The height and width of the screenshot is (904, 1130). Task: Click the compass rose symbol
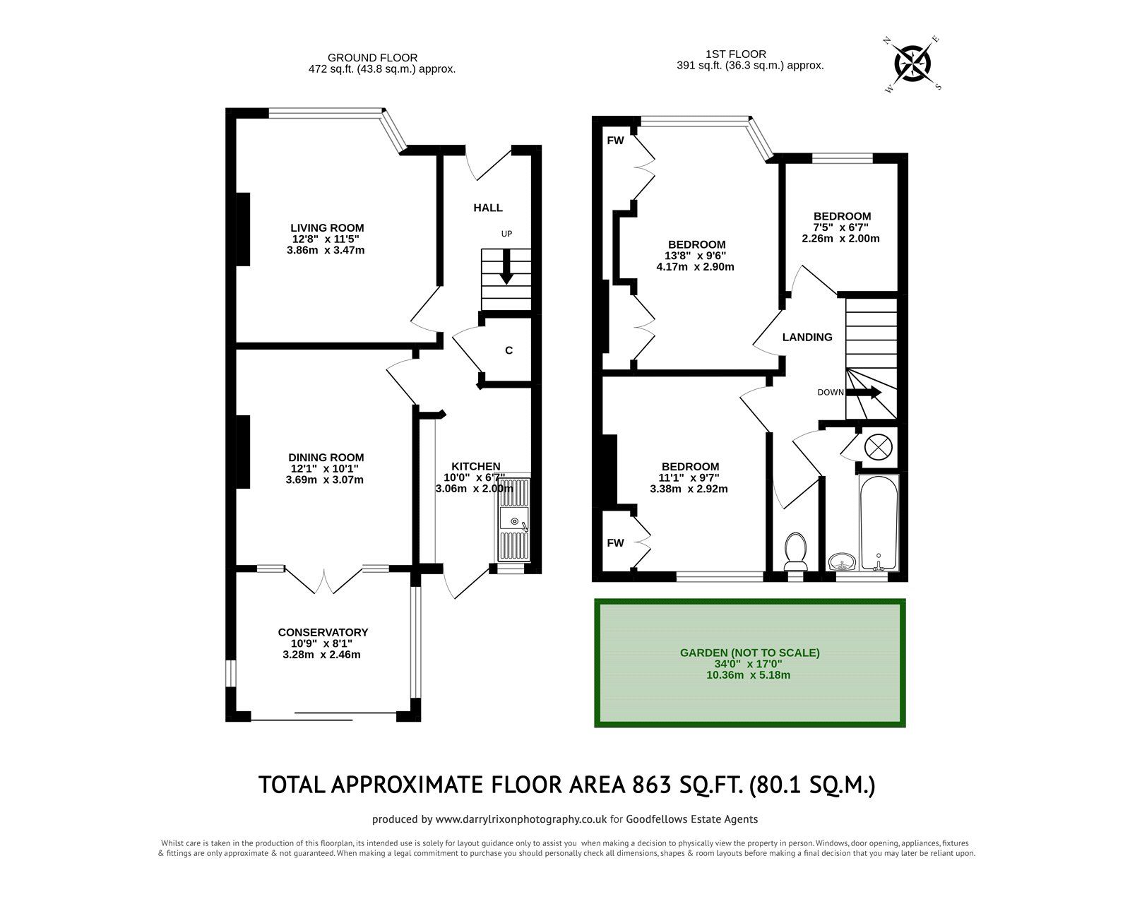click(913, 63)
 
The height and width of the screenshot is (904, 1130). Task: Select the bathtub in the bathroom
click(879, 523)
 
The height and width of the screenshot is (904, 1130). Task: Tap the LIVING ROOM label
click(327, 227)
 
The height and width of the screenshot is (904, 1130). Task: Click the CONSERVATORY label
click(323, 632)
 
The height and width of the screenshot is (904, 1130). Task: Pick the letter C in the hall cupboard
click(509, 350)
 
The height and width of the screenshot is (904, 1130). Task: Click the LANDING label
click(807, 338)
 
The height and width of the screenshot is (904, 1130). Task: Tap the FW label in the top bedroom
click(615, 141)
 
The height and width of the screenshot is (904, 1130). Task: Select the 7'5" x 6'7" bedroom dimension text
click(840, 227)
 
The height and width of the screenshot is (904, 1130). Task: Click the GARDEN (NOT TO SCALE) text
click(749, 653)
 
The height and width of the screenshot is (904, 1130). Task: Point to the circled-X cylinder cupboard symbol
click(878, 446)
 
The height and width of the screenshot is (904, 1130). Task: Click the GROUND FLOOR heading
click(372, 58)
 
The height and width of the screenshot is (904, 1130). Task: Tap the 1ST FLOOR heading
click(735, 54)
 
